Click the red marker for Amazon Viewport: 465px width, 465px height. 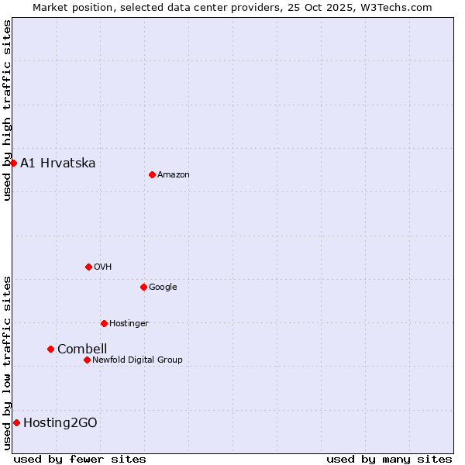[152, 174]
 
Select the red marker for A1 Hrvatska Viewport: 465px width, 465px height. [13, 163]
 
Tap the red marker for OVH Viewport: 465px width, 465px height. [88, 267]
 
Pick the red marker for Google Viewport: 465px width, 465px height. [143, 287]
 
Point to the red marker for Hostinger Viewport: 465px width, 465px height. [104, 323]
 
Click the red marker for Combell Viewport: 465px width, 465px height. [50, 349]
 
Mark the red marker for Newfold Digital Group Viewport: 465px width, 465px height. [87, 360]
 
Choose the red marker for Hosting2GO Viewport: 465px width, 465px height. [16, 422]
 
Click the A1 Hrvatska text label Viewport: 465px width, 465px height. [58, 163]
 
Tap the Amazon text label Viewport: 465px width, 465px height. [174, 175]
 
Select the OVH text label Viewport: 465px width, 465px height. [103, 267]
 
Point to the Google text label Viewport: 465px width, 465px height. [163, 288]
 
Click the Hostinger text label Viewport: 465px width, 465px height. [129, 324]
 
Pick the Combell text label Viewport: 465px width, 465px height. [82, 349]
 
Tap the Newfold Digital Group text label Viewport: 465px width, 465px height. [137, 360]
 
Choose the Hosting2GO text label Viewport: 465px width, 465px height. [60, 422]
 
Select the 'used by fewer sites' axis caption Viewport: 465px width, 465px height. [80, 459]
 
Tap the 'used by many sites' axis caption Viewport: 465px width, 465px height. [389, 459]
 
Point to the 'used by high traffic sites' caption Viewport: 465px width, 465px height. [7, 110]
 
